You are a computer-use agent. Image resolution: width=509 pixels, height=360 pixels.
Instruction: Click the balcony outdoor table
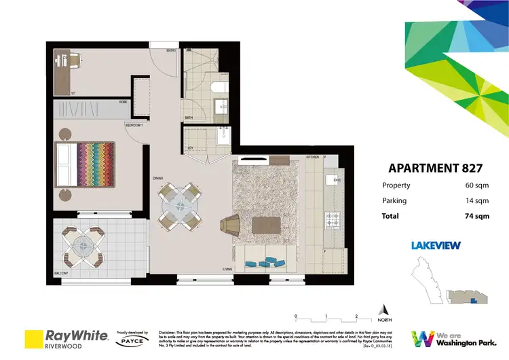click(82, 245)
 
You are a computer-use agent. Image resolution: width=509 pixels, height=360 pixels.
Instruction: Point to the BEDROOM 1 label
click(133, 126)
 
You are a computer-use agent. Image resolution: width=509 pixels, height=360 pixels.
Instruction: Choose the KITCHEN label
click(312, 157)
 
